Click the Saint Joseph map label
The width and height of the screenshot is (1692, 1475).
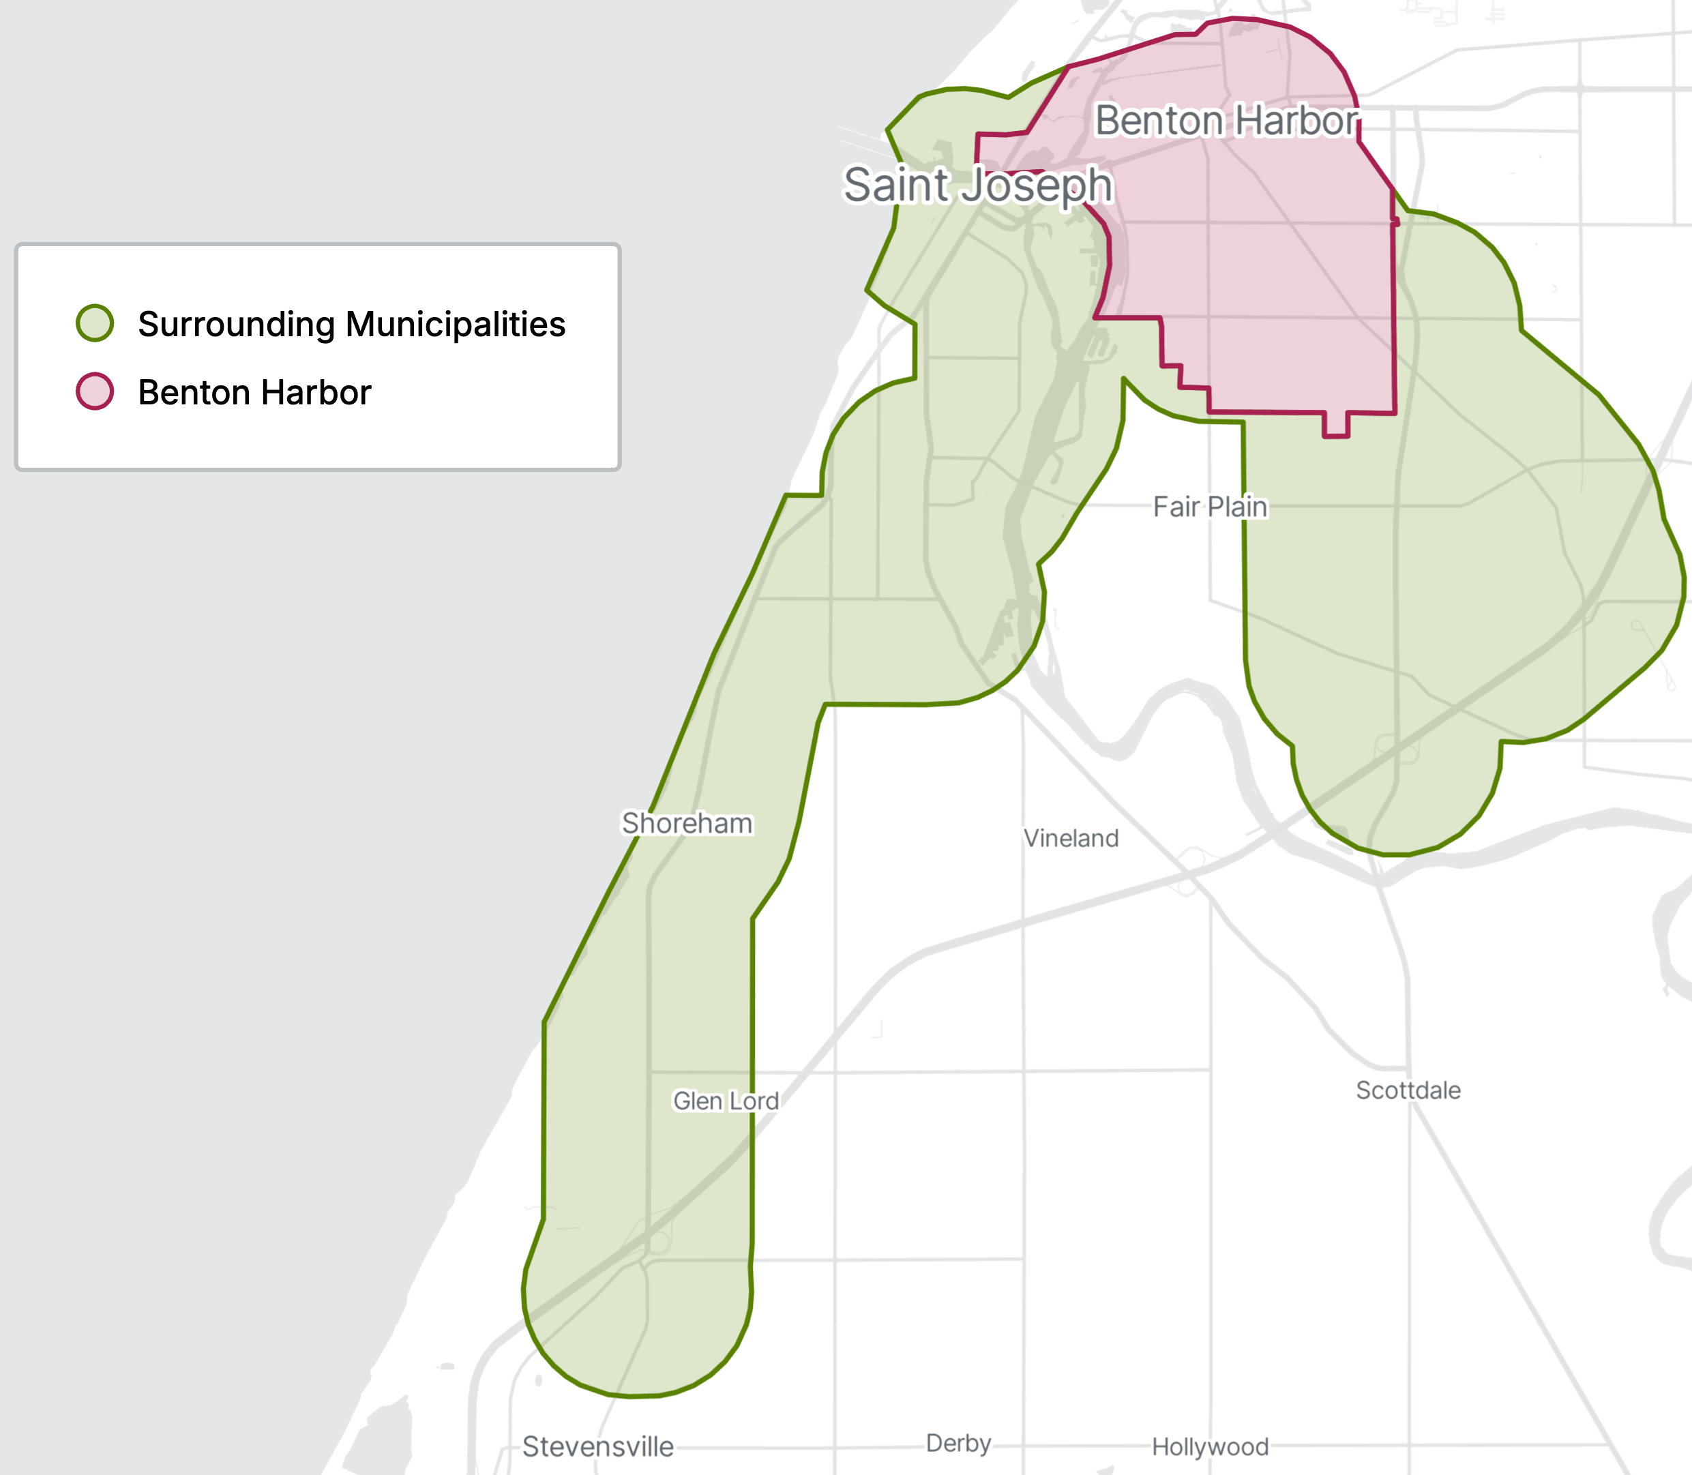[x=978, y=184]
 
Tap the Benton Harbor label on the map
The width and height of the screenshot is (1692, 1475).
[x=1226, y=121]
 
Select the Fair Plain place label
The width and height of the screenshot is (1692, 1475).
[x=1210, y=507]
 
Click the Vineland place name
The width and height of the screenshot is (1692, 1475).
[x=1071, y=838]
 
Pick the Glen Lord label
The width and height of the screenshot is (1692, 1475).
[x=726, y=1101]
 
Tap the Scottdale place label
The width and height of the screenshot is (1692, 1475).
[x=1408, y=1090]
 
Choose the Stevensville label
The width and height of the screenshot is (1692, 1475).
[x=597, y=1446]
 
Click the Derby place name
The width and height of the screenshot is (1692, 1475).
[x=958, y=1443]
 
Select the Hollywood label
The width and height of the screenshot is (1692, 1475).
[x=1210, y=1446]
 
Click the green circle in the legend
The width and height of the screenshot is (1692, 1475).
[x=95, y=323]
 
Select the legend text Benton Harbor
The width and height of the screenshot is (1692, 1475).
[x=254, y=393]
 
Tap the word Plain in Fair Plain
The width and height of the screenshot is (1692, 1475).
[x=1238, y=507]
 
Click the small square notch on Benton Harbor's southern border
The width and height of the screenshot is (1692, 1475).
[x=1335, y=425]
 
